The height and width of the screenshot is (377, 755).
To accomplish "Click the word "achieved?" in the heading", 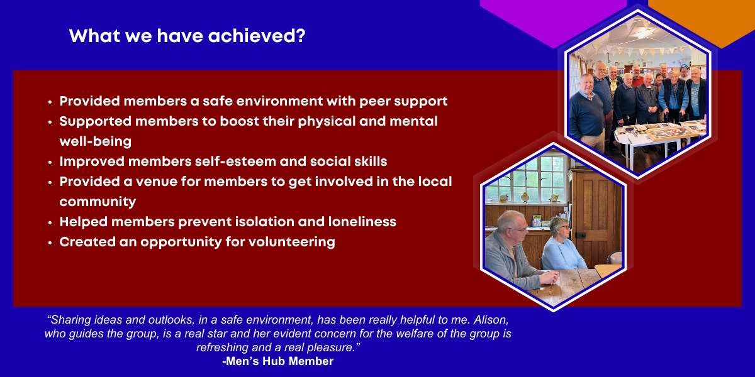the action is point(257,36).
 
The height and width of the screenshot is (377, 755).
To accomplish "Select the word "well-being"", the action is point(96,141).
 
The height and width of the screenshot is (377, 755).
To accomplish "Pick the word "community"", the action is point(98,202).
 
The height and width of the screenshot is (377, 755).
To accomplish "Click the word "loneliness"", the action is point(362,222).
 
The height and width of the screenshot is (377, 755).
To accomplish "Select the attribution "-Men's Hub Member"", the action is point(277,361).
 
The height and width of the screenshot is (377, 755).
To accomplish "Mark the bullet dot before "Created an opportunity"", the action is point(50,243).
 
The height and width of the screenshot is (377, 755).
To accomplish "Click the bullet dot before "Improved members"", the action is point(50,162).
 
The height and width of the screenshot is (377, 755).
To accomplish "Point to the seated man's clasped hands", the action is point(549,278).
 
